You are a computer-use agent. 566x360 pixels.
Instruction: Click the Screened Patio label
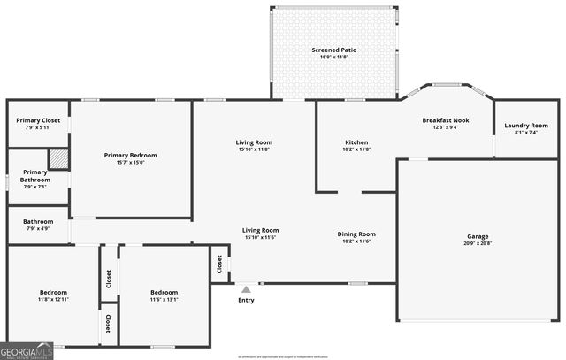[x=334, y=50]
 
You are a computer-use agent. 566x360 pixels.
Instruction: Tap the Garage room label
[x=478, y=236]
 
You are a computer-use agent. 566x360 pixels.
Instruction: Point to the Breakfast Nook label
[x=445, y=119]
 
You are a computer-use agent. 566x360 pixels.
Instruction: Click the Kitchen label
[x=356, y=142]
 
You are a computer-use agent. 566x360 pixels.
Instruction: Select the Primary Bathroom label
[x=35, y=176]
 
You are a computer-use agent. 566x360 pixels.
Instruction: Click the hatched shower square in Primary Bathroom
[x=58, y=158]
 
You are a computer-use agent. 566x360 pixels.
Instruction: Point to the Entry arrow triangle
[x=246, y=289]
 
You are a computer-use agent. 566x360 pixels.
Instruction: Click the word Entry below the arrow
[x=246, y=300]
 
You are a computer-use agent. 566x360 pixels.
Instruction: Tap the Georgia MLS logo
[x=27, y=352]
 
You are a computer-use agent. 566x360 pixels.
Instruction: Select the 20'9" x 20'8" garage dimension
[x=478, y=243]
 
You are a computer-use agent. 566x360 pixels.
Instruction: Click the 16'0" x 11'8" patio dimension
[x=334, y=57]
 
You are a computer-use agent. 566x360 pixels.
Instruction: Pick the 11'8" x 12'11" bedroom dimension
[x=53, y=299]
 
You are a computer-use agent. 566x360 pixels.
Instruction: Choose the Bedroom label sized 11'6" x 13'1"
[x=164, y=292]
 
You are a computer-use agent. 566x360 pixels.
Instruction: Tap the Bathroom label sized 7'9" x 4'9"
[x=38, y=222]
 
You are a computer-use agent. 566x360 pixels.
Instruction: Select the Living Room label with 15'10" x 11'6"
[x=261, y=230]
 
